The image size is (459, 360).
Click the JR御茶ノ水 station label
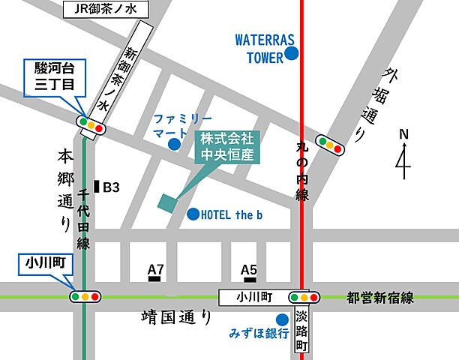(104, 10)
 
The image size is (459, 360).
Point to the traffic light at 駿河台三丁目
(90, 124)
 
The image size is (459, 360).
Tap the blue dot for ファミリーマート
(174, 144)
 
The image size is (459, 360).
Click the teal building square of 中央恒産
(167, 201)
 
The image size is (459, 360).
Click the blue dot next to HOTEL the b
(193, 214)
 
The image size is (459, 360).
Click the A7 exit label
(156, 269)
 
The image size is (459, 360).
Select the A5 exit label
(249, 269)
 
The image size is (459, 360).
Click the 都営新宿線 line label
(381, 297)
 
